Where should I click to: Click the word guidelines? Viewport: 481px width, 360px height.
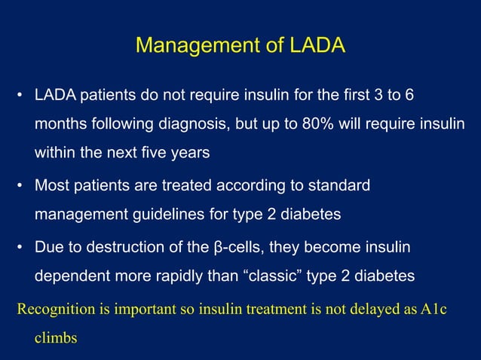coord(167,214)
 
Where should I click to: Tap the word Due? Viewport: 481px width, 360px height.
coord(48,248)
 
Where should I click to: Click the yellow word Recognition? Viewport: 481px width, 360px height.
coord(52,309)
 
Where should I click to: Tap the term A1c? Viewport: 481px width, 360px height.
coord(433,309)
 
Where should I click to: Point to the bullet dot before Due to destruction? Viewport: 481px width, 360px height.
coord(20,248)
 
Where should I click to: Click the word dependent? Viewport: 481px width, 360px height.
coord(68,276)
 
